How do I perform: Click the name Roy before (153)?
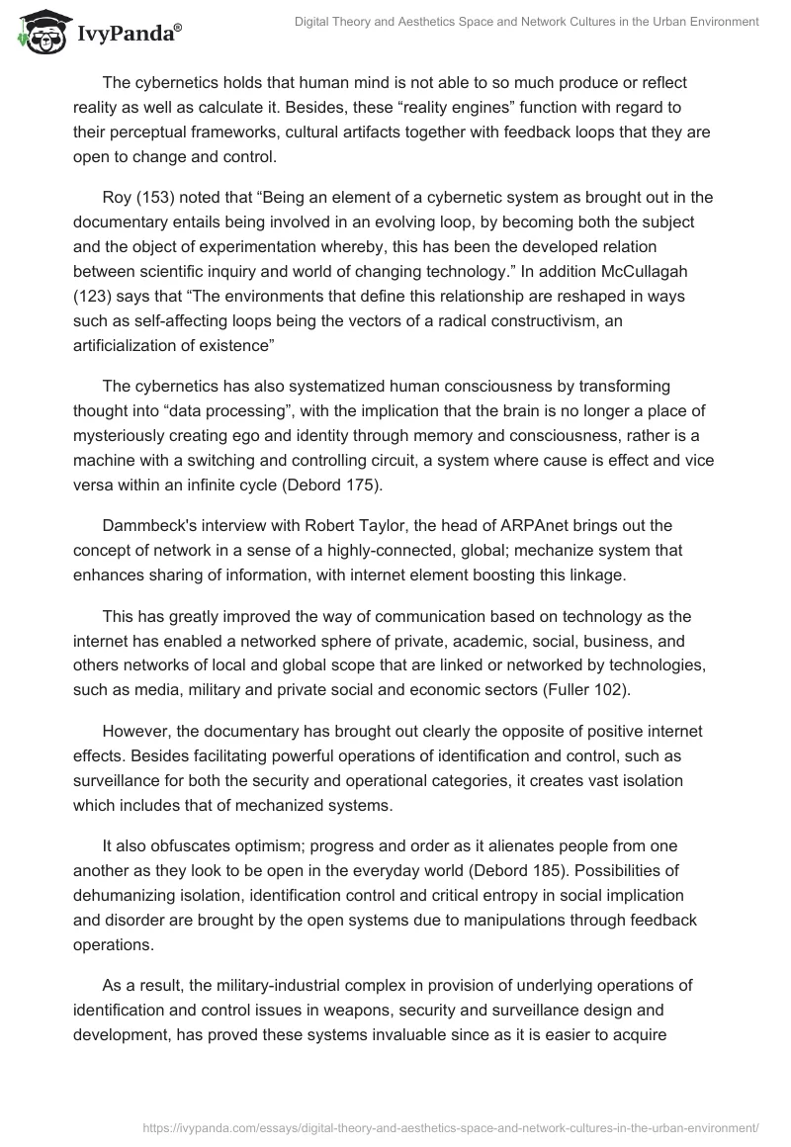(x=119, y=197)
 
